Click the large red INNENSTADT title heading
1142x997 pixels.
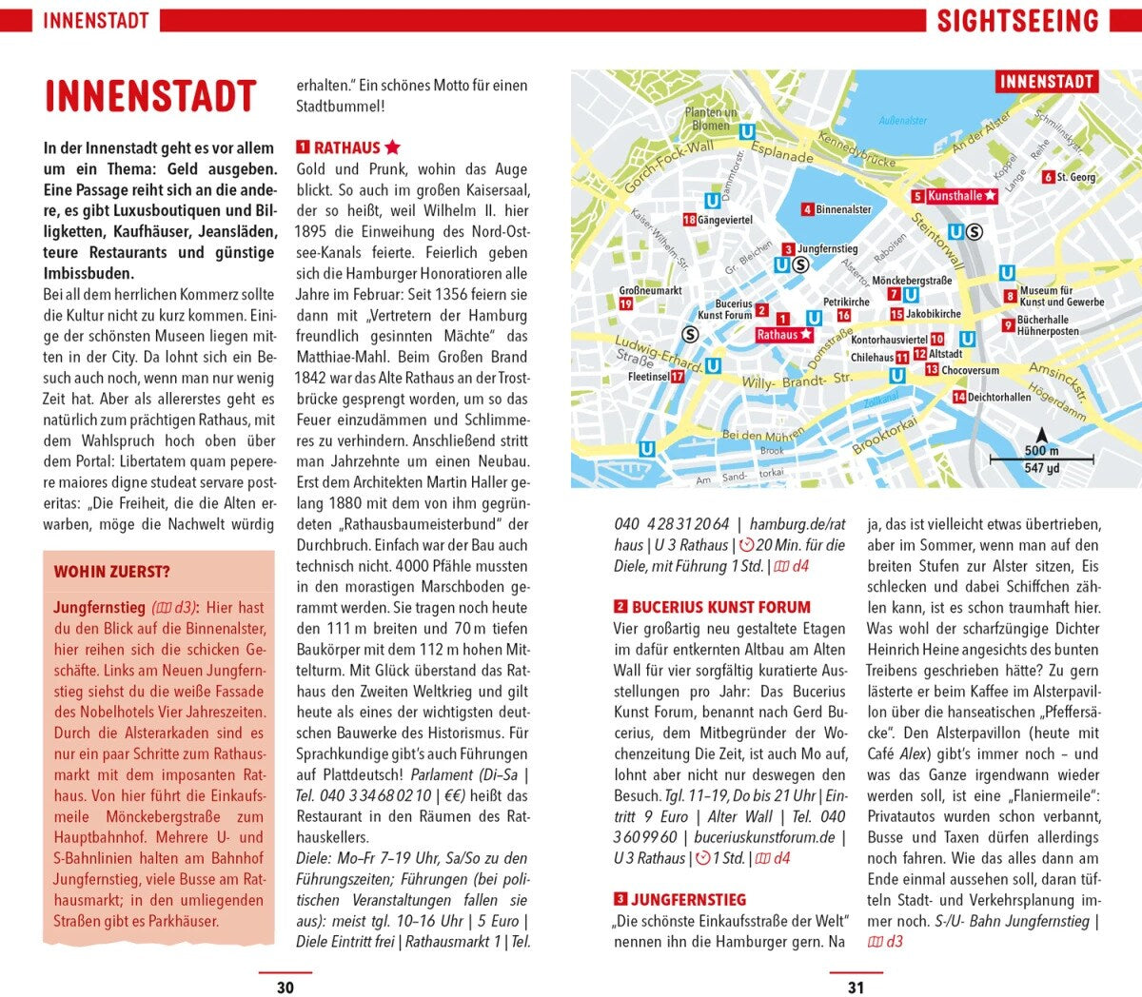[150, 97]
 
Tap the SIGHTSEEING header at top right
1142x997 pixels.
[1017, 21]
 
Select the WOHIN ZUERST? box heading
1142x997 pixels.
[112, 572]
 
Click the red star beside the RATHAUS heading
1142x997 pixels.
[392, 147]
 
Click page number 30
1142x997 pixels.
[285, 987]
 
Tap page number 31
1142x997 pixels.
[856, 987]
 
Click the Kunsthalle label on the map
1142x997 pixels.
[955, 196]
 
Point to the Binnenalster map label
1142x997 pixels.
[843, 209]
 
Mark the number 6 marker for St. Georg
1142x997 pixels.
[1048, 177]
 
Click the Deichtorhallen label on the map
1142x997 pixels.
[998, 397]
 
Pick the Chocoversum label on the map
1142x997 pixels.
[970, 370]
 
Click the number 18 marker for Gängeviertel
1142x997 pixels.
[689, 220]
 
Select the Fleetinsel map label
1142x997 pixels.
[648, 377]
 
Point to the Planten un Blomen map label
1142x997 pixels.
[711, 119]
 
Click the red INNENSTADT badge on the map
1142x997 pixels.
[1046, 82]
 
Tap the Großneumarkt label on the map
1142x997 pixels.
[650, 290]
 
